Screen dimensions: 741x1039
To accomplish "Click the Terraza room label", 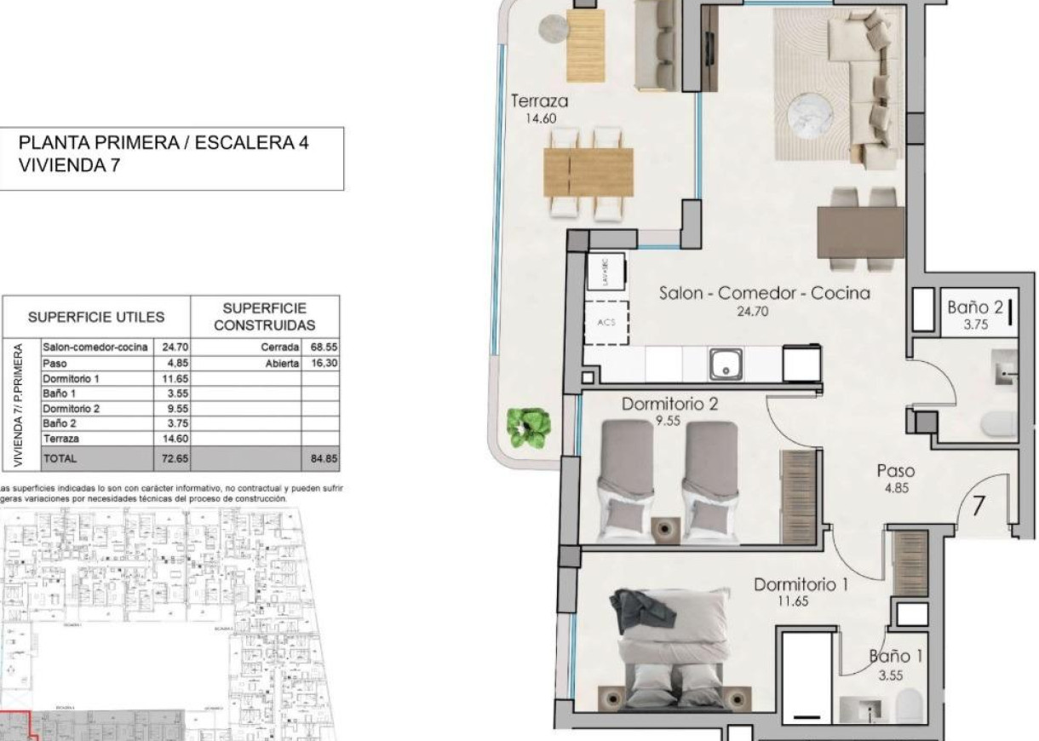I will click(539, 101).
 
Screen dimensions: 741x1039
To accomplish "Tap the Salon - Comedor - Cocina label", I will click(764, 293).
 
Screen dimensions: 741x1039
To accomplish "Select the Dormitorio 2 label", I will click(669, 404).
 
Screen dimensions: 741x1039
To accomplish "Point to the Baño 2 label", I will click(975, 307).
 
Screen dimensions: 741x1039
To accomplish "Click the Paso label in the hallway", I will click(896, 471).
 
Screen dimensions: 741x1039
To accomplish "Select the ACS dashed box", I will click(606, 323).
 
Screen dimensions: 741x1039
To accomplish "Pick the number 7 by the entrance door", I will click(979, 506).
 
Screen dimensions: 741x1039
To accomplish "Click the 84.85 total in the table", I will click(324, 458).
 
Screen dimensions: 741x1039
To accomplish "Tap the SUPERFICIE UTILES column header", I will click(96, 318).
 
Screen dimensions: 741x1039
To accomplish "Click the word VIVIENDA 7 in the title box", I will click(69, 167).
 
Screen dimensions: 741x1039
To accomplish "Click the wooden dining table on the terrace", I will click(588, 172).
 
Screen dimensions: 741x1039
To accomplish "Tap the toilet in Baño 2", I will click(998, 423).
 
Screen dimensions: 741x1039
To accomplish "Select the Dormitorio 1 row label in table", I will click(72, 378).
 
